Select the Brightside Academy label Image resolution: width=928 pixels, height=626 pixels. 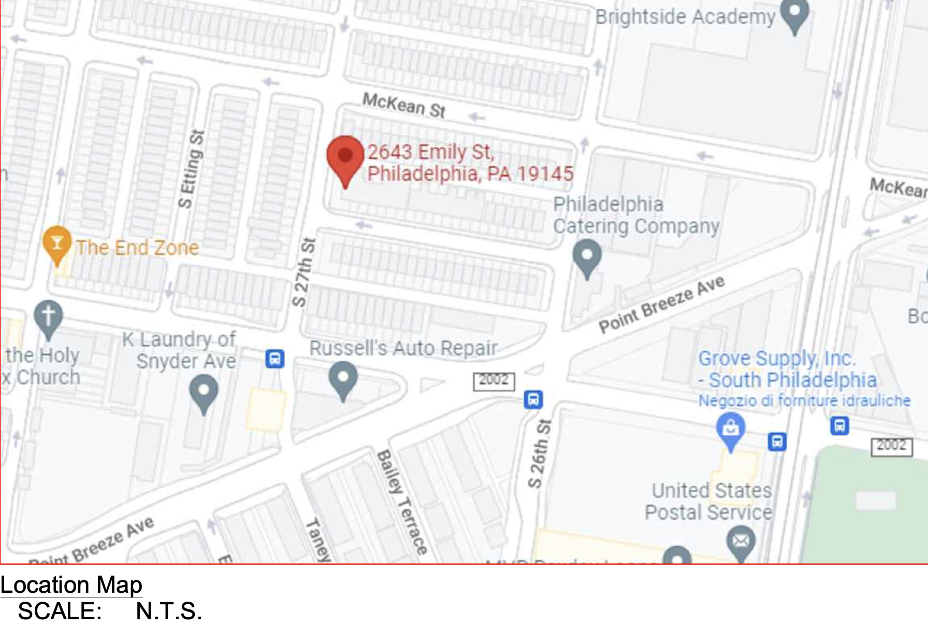pos(685,17)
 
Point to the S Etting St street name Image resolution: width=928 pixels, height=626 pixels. pos(191,169)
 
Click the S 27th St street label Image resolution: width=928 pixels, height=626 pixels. pos(303,272)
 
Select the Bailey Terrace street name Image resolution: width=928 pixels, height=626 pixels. pos(402,502)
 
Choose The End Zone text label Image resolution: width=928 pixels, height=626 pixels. pos(137,248)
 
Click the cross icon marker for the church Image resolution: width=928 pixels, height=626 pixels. pos(48,316)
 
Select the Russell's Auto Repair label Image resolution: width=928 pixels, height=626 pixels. pos(403,348)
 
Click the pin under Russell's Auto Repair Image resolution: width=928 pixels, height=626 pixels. pos(343,378)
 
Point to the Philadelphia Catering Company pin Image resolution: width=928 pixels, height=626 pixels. pos(587,257)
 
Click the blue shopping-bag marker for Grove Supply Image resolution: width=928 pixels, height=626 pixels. pos(731,429)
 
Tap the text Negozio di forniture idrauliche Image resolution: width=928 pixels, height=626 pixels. pos(804,401)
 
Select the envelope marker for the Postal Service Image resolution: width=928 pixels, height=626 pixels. pos(741,541)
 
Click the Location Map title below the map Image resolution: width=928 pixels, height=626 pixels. pos(71,585)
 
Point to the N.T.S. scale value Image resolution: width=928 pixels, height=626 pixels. pos(168,611)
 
